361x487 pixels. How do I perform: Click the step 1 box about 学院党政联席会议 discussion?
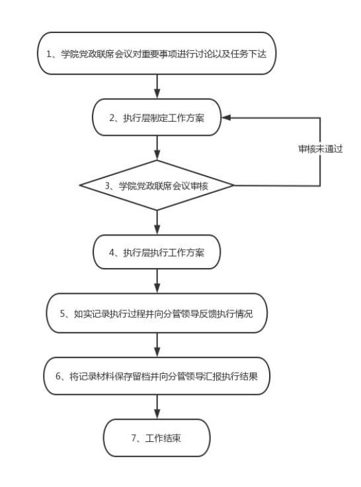pyautogui.click(x=157, y=54)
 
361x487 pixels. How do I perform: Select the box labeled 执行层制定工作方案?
pyautogui.click(x=157, y=117)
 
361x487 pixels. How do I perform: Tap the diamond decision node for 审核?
pyautogui.click(x=157, y=185)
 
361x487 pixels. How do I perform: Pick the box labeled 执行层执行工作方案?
pyautogui.click(x=157, y=252)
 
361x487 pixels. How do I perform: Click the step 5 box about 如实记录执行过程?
pyautogui.click(x=157, y=313)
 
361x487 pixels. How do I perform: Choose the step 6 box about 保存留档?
pyautogui.click(x=157, y=376)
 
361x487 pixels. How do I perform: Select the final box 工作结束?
pyautogui.click(x=157, y=438)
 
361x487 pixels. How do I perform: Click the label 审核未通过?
pyautogui.click(x=320, y=149)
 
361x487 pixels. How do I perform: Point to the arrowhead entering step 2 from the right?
pyautogui.click(x=226, y=117)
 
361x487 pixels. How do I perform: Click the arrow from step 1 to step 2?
pyautogui.click(x=157, y=87)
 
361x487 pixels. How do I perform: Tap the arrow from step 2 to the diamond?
pyautogui.click(x=157, y=148)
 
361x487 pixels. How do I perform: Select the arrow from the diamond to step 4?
pyautogui.click(x=157, y=223)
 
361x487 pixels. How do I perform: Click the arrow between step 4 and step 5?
pyautogui.click(x=157, y=281)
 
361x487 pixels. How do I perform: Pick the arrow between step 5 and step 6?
pyautogui.click(x=157, y=345)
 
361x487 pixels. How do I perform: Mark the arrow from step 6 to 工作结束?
pyautogui.click(x=157, y=407)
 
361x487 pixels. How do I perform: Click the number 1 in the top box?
pyautogui.click(x=49, y=54)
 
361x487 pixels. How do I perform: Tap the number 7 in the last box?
pyautogui.click(x=134, y=438)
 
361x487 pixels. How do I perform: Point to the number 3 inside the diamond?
pyautogui.click(x=107, y=186)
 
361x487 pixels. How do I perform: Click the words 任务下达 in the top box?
pyautogui.click(x=249, y=54)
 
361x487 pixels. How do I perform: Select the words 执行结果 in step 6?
pyautogui.click(x=240, y=376)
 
